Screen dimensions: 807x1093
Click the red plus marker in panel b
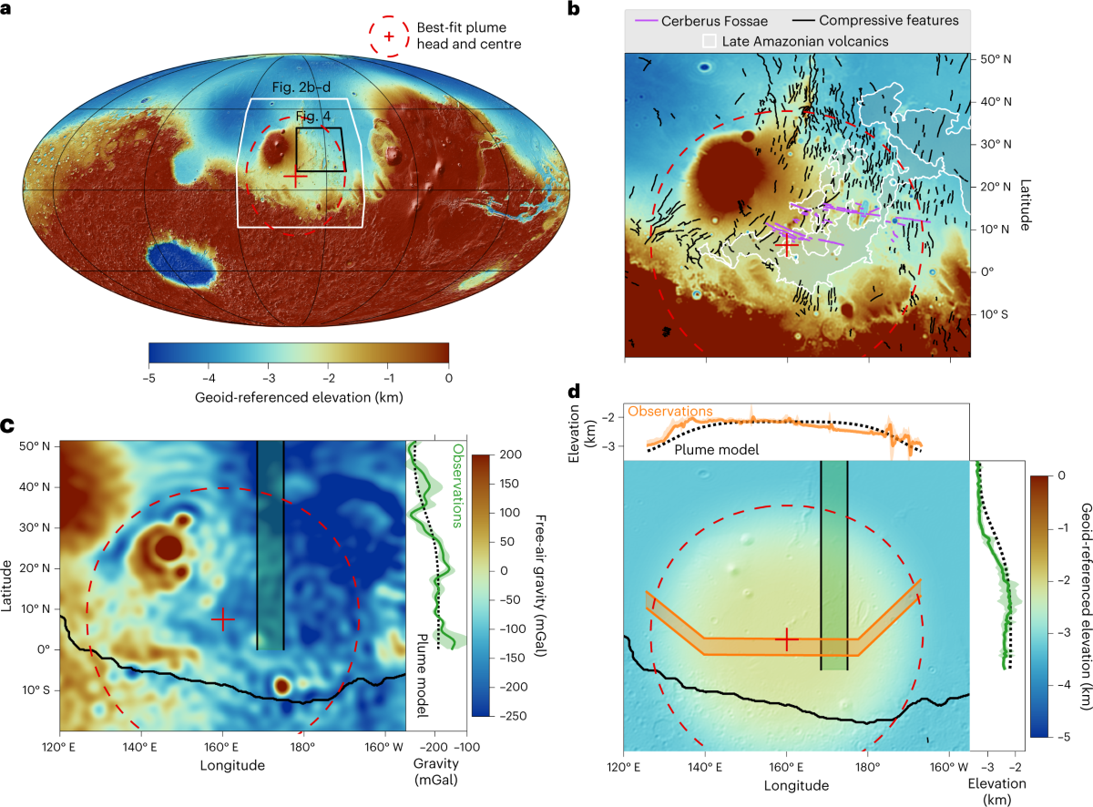coord(788,244)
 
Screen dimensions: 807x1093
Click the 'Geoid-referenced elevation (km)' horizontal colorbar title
coord(299,397)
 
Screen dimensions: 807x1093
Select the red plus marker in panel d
coord(786,640)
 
